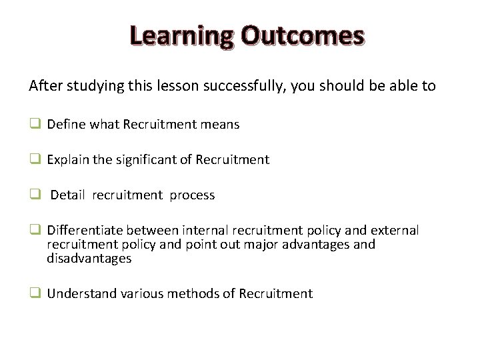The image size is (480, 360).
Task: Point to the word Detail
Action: click(68, 195)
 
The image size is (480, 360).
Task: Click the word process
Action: click(192, 195)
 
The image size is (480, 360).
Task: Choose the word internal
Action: click(205, 230)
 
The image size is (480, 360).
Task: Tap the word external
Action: click(395, 230)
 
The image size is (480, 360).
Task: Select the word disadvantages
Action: click(89, 258)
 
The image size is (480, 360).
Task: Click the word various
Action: click(145, 293)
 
